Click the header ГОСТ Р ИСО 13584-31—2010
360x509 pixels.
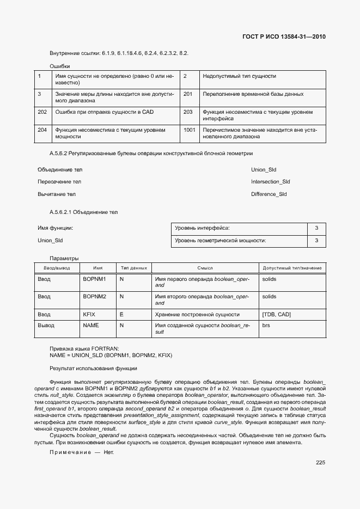[x=287, y=36]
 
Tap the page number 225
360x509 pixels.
[x=320, y=463]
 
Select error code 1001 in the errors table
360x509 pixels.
[x=190, y=130]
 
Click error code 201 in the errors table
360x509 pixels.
[x=188, y=94]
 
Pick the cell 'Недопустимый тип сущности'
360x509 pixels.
[x=239, y=76]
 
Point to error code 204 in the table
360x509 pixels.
[x=42, y=130]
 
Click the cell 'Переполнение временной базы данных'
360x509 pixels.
[x=253, y=94]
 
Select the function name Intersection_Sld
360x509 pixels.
[x=270, y=182]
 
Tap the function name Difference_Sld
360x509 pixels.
[x=269, y=194]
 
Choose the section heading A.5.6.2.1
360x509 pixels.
[x=83, y=212]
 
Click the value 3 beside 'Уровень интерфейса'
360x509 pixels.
[x=316, y=228]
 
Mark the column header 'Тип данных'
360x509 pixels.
[x=133, y=268]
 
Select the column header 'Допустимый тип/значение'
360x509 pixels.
[x=292, y=268]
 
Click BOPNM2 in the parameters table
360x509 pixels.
[x=94, y=297]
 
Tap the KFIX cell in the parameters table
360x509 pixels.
[x=89, y=315]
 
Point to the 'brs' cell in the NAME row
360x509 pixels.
[x=266, y=325]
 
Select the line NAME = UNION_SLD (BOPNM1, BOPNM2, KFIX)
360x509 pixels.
[x=111, y=355]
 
